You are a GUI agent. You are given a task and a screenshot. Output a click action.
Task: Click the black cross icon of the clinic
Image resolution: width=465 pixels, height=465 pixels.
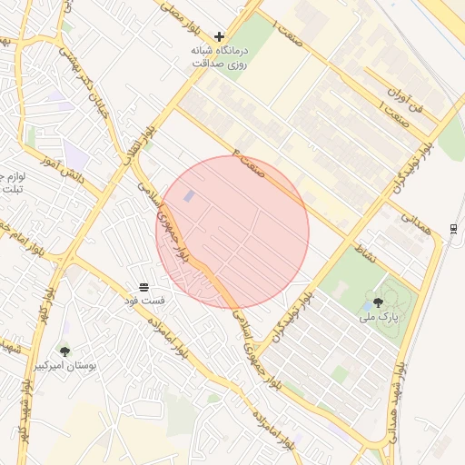219,36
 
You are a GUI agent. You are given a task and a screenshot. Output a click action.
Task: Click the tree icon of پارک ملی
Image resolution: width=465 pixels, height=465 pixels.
378,302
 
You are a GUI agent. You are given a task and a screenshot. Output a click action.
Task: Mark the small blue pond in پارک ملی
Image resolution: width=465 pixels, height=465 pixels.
365,308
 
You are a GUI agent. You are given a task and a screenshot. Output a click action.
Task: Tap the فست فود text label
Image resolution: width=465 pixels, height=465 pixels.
144,300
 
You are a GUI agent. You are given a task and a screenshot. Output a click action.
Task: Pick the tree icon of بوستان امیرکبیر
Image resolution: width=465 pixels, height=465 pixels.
64,351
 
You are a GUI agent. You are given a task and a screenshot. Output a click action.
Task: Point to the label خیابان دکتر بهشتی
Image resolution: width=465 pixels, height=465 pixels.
83,73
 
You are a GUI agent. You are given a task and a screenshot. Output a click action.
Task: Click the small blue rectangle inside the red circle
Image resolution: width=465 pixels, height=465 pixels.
189,196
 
